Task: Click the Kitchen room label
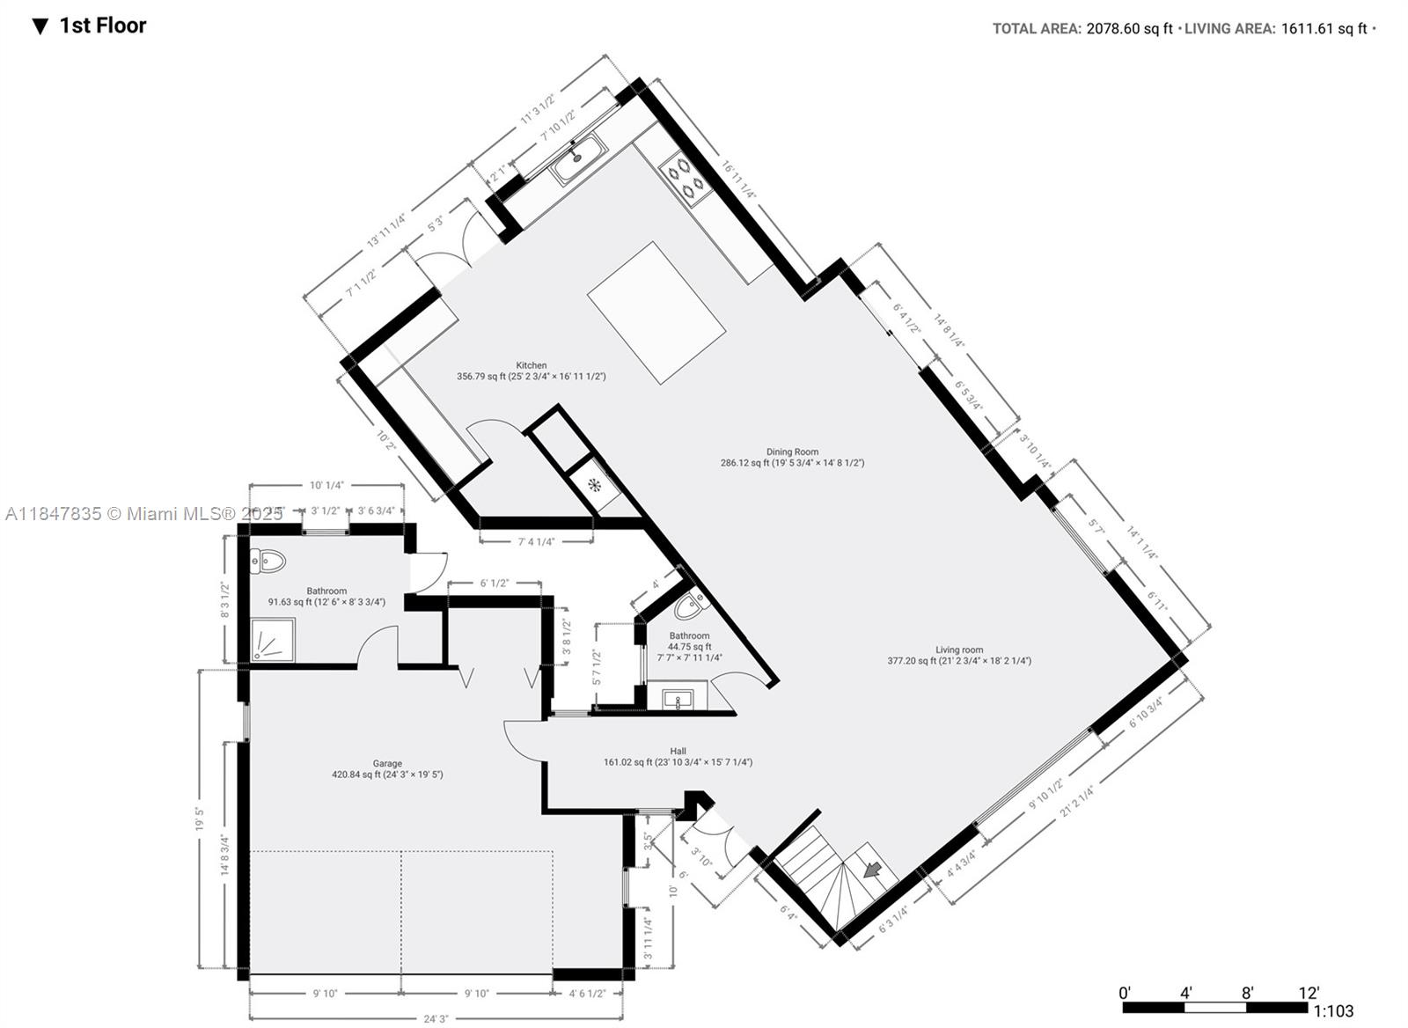531,365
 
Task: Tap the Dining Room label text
792,452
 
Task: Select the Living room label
959,650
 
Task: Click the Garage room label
387,764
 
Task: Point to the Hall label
678,751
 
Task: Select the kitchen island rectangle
656,312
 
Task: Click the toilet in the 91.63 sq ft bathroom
268,561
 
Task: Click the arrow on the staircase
873,870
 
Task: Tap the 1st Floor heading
102,26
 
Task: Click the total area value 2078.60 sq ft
1129,28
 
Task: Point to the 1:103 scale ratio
1333,1011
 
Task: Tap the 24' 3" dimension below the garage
436,1018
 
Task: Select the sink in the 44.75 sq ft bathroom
678,700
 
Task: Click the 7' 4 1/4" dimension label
536,541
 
